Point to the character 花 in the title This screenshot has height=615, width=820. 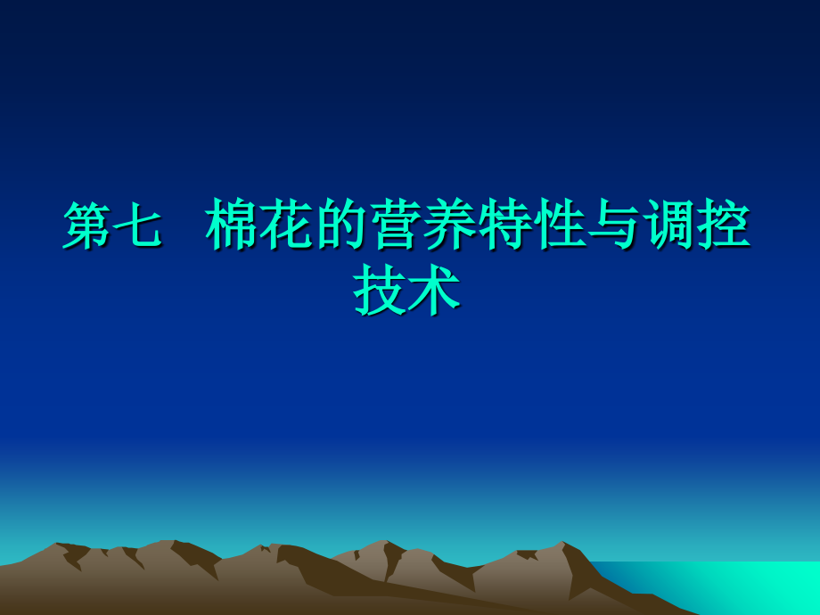click(285, 226)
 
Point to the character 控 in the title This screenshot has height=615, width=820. click(724, 226)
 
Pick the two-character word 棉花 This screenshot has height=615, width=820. click(258, 226)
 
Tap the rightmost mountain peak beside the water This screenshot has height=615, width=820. click(562, 545)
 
